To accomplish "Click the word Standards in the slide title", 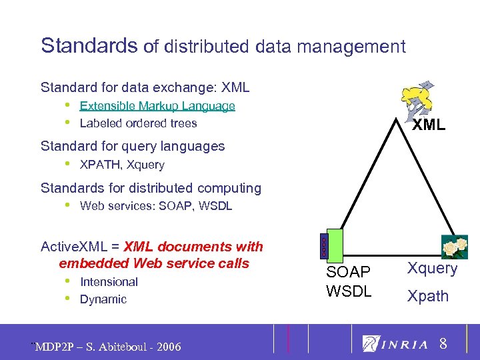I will click(x=89, y=46).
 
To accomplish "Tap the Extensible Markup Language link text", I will click(x=157, y=105).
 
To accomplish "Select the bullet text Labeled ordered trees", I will click(x=138, y=123).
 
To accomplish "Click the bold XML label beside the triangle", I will click(x=428, y=125).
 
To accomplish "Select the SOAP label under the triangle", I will click(x=348, y=272).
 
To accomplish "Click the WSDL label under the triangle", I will click(x=349, y=291).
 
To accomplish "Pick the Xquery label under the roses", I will click(x=433, y=269).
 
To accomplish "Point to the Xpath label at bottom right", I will click(x=428, y=296).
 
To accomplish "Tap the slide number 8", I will click(x=443, y=345).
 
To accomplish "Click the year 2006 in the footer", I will click(x=166, y=347).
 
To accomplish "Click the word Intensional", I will click(x=109, y=282).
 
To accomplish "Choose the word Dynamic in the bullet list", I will click(x=103, y=299).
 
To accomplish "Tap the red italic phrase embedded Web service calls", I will click(x=154, y=263).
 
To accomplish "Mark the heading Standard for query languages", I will click(x=133, y=146).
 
